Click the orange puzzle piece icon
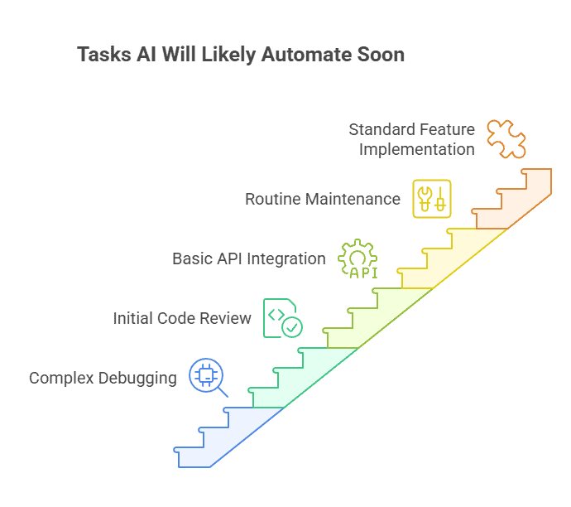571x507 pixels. tap(506, 138)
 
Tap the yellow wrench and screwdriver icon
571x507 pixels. tap(432, 199)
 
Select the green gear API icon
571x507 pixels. tap(357, 258)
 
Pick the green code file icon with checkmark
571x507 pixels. tap(281, 318)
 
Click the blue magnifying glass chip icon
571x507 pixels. tap(206, 377)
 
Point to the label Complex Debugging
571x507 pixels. tap(103, 379)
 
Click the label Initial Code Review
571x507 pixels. tap(182, 318)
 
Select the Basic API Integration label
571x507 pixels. tap(248, 258)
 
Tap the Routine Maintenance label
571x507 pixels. tap(323, 200)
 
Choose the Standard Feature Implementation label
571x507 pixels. tap(411, 139)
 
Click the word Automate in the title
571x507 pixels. tap(309, 56)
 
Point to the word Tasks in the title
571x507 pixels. tap(103, 56)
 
